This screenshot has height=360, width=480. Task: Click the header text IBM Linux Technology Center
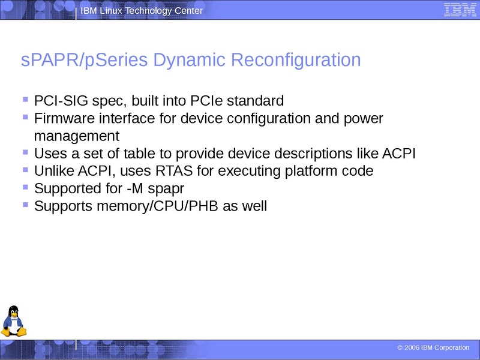[142, 11]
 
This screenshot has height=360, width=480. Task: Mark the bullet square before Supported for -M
[25, 187]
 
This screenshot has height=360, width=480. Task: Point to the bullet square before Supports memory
[25, 205]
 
